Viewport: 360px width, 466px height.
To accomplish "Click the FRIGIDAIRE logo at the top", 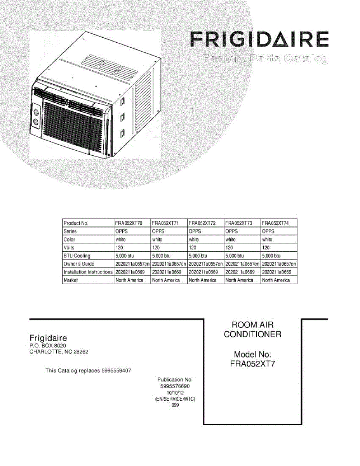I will click(x=259, y=40).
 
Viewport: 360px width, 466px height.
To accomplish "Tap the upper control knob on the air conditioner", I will click(x=36, y=112).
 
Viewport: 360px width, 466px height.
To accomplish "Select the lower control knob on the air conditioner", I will click(x=36, y=123).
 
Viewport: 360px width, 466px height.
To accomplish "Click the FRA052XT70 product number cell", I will click(x=129, y=223).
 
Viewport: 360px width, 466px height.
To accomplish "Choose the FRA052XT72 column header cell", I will click(x=202, y=223).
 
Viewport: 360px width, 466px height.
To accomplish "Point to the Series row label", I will click(x=70, y=231).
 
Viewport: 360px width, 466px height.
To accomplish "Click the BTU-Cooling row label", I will click(x=77, y=256).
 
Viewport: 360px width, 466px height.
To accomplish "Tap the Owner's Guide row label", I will click(x=79, y=264).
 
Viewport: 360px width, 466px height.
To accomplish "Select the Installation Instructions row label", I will click(x=88, y=272).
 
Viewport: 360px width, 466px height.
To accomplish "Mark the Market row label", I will click(x=71, y=280).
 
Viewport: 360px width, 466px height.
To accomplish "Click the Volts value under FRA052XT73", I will click(x=229, y=248).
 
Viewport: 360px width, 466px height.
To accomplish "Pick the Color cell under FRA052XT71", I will click(x=157, y=240).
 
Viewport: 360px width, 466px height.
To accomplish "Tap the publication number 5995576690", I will click(x=175, y=386).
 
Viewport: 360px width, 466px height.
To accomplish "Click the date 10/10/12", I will click(x=175, y=393).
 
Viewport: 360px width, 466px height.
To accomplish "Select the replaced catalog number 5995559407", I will click(x=116, y=371).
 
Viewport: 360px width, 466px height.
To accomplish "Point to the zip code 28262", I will click(x=81, y=352).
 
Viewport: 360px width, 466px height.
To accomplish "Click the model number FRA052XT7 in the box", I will click(x=252, y=364).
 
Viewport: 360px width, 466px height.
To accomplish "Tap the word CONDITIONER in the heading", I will click(x=252, y=334).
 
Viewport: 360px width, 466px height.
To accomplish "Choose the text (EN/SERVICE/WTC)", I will click(x=175, y=399).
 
